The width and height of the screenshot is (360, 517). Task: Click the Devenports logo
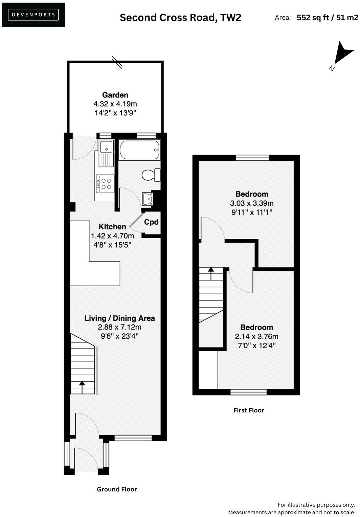click(x=33, y=15)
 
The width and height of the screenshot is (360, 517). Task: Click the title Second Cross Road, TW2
click(x=180, y=18)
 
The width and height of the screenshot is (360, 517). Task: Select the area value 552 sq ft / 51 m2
click(x=327, y=18)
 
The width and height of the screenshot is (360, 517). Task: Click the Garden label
click(x=115, y=95)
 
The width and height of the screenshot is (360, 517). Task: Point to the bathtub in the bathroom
click(x=139, y=150)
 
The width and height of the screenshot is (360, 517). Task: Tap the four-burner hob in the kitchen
click(x=105, y=183)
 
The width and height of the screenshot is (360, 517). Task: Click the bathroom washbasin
click(x=148, y=199)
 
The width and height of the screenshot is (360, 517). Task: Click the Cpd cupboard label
click(x=151, y=222)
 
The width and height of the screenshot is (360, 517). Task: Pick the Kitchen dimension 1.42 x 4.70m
click(x=112, y=236)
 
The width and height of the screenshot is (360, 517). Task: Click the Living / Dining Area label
click(x=119, y=318)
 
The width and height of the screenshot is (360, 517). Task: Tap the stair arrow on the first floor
click(x=211, y=273)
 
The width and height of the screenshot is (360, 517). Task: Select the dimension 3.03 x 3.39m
click(x=252, y=203)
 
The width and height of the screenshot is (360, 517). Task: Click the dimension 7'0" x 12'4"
click(x=256, y=345)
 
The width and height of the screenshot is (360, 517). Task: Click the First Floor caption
click(x=249, y=410)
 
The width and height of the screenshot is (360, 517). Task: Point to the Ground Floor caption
click(x=117, y=489)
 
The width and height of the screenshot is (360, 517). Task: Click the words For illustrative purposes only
click(x=316, y=504)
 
